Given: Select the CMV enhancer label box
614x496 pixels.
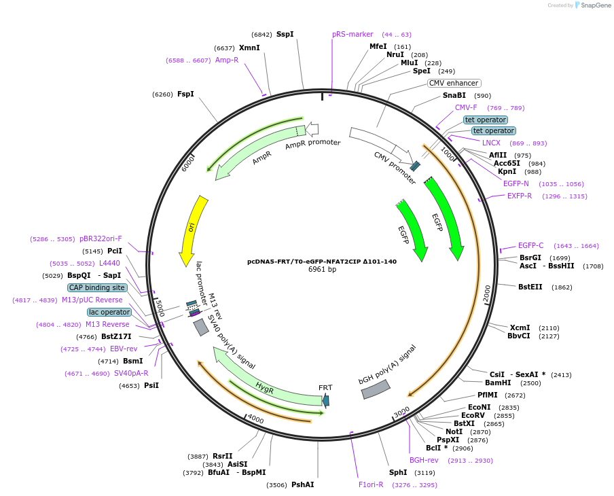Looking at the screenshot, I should pyautogui.click(x=454, y=83).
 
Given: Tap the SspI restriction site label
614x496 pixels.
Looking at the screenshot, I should pyautogui.click(x=285, y=34).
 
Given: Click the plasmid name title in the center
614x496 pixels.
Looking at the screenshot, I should pyautogui.click(x=322, y=261).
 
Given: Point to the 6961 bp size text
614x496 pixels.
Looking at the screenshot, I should pyautogui.click(x=322, y=269).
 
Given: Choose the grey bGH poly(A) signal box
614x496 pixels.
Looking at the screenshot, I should pyautogui.click(x=376, y=389).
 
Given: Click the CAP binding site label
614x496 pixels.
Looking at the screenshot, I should pyautogui.click(x=97, y=287).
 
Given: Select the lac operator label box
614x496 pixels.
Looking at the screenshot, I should pyautogui.click(x=109, y=312).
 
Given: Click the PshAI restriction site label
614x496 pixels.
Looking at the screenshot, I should pyautogui.click(x=302, y=484).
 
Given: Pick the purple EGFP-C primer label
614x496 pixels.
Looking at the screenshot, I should pyautogui.click(x=530, y=245).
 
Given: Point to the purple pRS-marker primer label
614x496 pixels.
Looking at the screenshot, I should pyautogui.click(x=353, y=34).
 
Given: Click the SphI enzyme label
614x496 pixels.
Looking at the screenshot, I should pyautogui.click(x=398, y=472).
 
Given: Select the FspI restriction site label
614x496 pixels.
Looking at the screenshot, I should pyautogui.click(x=185, y=94).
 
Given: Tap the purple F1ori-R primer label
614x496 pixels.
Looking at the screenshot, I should pyautogui.click(x=371, y=484).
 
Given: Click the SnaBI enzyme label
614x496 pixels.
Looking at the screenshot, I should pyautogui.click(x=454, y=95).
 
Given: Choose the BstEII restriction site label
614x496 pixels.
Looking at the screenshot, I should pyautogui.click(x=530, y=287).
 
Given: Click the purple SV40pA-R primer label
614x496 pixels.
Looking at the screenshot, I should pyautogui.click(x=131, y=373).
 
